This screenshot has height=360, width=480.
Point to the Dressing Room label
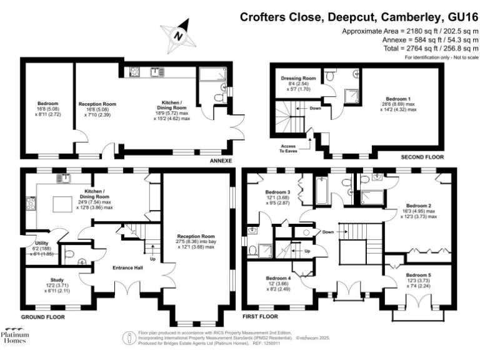(x=297, y=79)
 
